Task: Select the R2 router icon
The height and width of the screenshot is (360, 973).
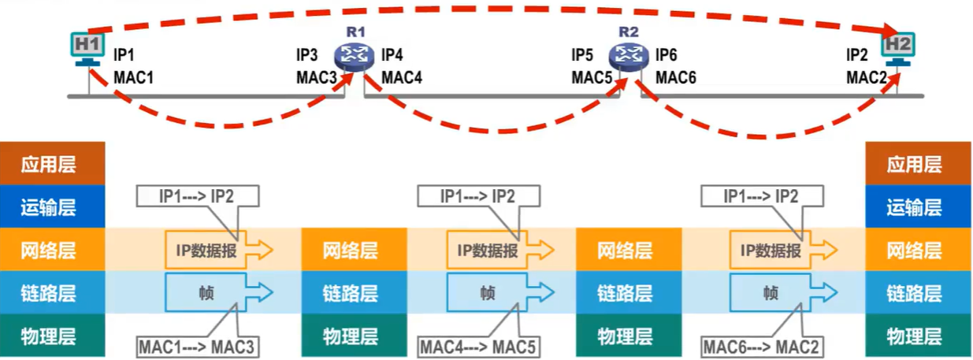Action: (627, 54)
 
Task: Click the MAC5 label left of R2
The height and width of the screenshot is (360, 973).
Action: (592, 77)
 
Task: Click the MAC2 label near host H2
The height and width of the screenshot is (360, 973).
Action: (867, 77)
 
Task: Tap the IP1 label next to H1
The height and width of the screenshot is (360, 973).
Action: (124, 55)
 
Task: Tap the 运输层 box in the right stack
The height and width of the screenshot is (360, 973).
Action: (914, 207)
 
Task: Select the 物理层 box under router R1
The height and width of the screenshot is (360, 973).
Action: (351, 337)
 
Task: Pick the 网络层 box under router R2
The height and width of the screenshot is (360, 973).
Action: (626, 251)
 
